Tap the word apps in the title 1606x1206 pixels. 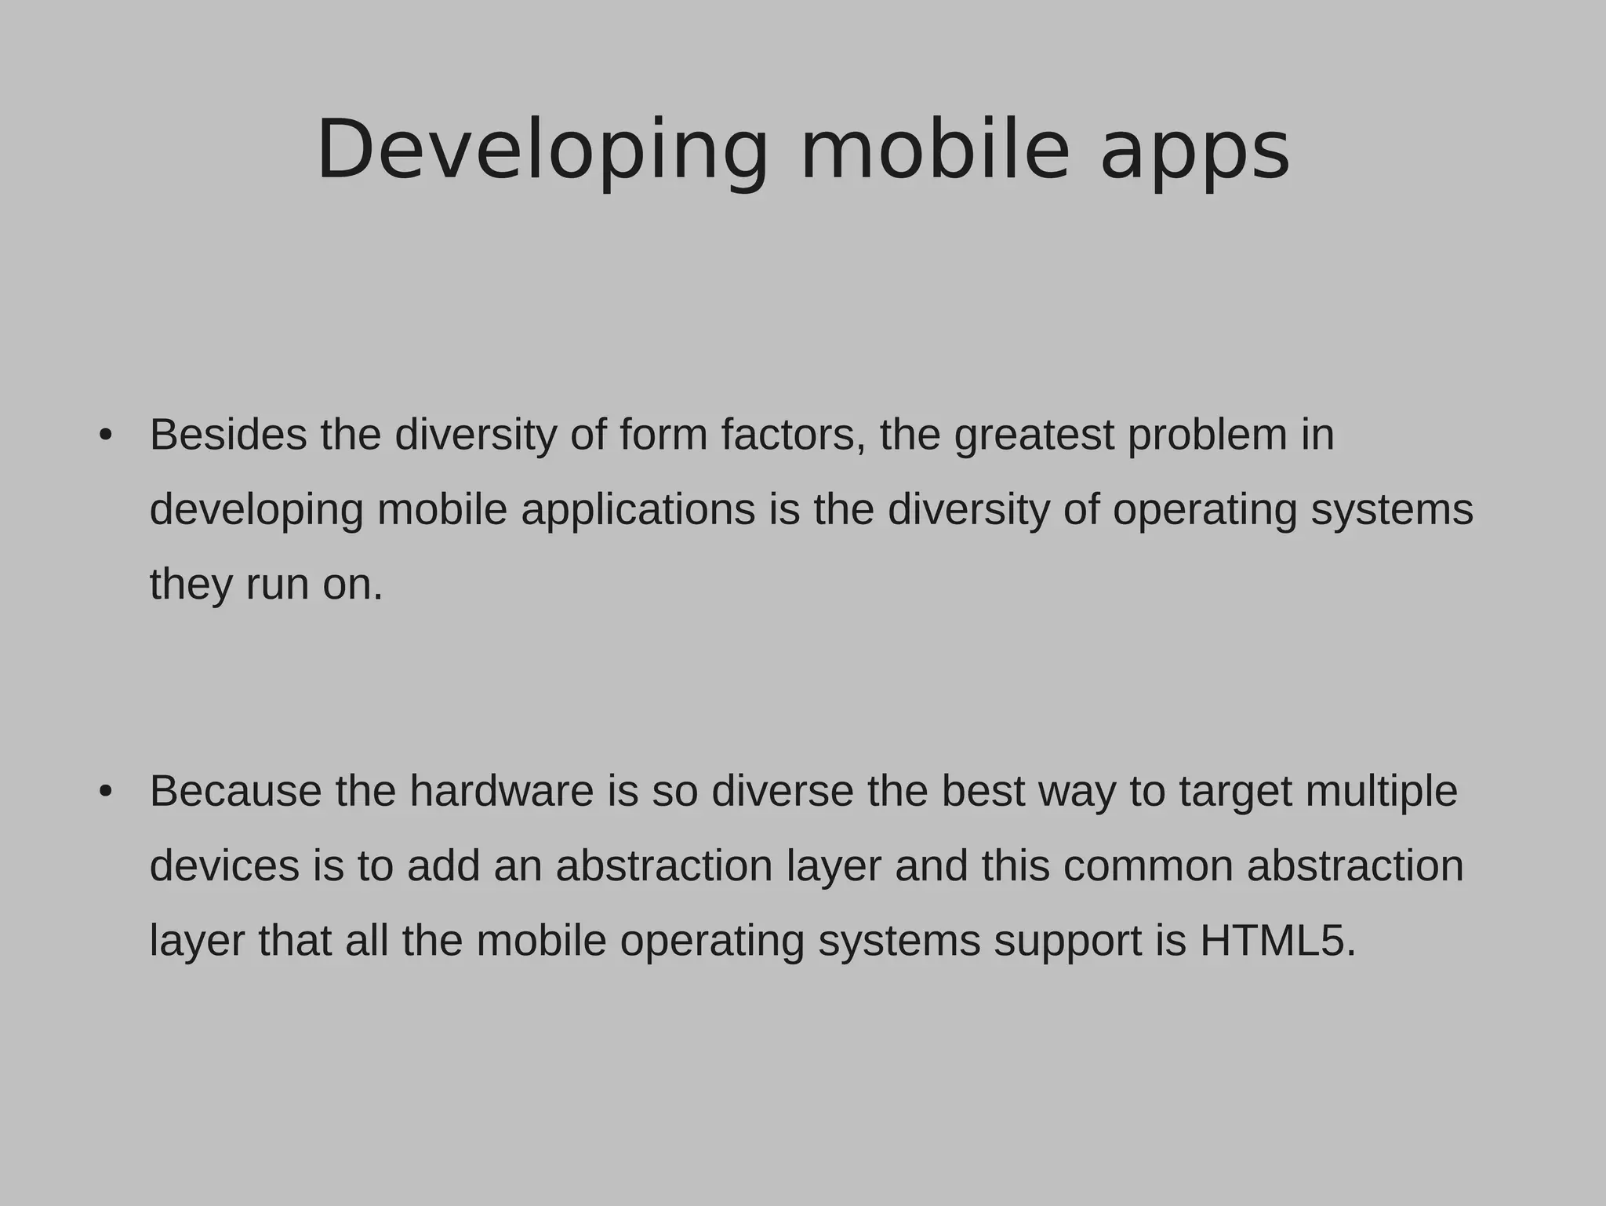[x=1194, y=153]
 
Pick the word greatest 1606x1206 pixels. [x=1034, y=436]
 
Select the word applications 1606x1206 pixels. [x=638, y=511]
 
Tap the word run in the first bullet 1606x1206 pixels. [x=277, y=585]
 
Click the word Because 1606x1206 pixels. [x=235, y=791]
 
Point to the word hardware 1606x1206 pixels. [x=502, y=791]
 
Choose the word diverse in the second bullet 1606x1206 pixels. [x=783, y=791]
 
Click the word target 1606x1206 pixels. [x=1235, y=792]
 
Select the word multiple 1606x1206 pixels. [x=1382, y=792]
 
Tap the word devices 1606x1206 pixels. [x=224, y=865]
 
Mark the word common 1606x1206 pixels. [x=1148, y=866]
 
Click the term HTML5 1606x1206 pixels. [x=1277, y=941]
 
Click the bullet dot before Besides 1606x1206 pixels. [x=106, y=435]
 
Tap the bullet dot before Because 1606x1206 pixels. [x=106, y=792]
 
